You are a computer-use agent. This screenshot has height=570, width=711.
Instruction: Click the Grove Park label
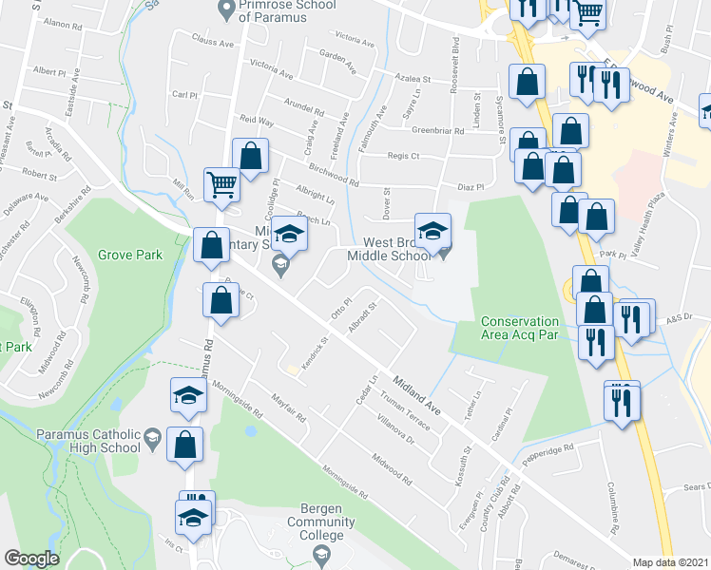tap(130, 255)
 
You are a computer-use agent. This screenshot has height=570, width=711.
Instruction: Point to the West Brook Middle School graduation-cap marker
tap(432, 231)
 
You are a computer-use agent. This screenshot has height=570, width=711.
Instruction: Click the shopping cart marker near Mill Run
tap(221, 184)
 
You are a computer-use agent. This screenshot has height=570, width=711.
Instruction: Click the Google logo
tap(30, 559)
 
